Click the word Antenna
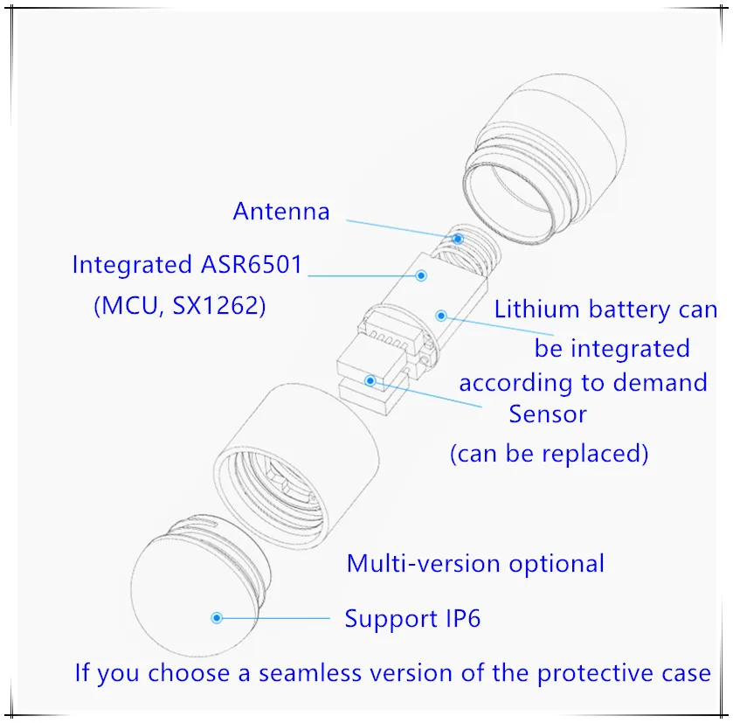coord(281,212)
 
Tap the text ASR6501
coord(252,265)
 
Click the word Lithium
coord(536,309)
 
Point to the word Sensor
coord(548,414)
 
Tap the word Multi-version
coord(424,564)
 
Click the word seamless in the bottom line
coord(310,673)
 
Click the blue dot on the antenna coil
coord(458,239)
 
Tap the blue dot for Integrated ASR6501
coord(421,275)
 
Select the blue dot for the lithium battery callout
coord(441,316)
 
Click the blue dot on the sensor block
coord(370,380)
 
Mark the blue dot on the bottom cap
coord(217,618)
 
